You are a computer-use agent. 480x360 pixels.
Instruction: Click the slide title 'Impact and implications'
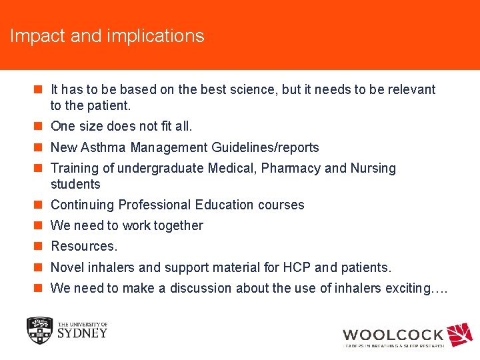pos(107,36)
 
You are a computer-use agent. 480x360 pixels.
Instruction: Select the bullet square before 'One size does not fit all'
pos(40,126)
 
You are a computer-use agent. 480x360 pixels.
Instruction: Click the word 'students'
pos(75,184)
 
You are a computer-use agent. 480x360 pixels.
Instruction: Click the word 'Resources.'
pos(84,246)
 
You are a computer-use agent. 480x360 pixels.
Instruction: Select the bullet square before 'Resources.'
pos(40,246)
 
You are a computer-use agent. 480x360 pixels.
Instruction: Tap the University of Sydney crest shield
pos(39,330)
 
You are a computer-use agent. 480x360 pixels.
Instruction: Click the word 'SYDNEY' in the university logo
pos(82,333)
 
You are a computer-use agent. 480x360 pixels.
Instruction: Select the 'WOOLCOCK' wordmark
pos(393,335)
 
